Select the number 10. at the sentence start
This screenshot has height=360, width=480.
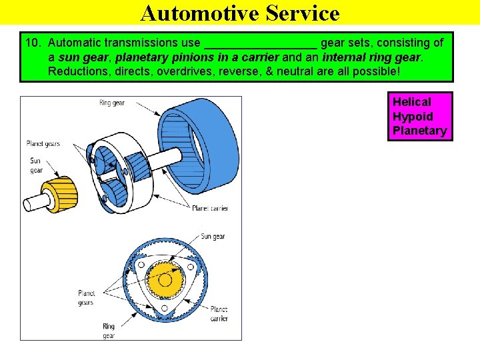click(33, 43)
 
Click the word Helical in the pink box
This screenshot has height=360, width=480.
click(411, 102)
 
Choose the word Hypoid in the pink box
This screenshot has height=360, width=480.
click(413, 116)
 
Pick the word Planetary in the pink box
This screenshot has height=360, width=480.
click(419, 131)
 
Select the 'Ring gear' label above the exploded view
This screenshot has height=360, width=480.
click(111, 103)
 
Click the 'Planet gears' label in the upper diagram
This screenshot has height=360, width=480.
click(43, 143)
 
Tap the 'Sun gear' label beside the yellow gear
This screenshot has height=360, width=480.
click(36, 165)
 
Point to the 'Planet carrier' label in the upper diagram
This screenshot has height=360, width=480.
click(210, 209)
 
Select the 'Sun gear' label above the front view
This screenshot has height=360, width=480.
click(213, 237)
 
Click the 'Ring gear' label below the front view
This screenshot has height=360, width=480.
click(109, 331)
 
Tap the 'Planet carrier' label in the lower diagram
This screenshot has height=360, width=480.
click(219, 314)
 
